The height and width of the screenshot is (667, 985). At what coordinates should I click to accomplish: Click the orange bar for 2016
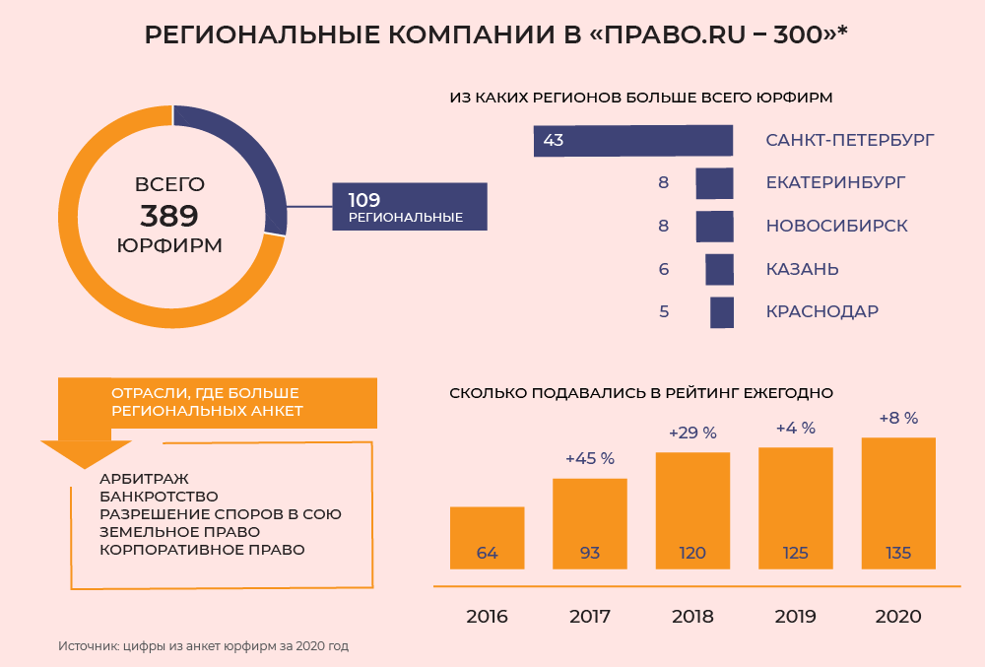pyautogui.click(x=487, y=537)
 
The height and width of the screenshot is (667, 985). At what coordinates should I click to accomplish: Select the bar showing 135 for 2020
pyautogui.click(x=897, y=502)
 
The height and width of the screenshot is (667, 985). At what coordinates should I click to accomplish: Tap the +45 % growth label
pyautogui.click(x=590, y=458)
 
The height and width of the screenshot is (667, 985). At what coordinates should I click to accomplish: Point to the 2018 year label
pyautogui.click(x=692, y=617)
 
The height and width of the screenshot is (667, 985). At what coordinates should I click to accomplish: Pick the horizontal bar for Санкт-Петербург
pyautogui.click(x=633, y=140)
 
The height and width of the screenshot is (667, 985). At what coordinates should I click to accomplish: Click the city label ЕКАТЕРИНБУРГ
pyautogui.click(x=835, y=182)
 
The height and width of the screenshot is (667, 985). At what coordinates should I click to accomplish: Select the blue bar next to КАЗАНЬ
pyautogui.click(x=720, y=269)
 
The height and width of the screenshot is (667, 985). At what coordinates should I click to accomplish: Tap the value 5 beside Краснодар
pyautogui.click(x=664, y=311)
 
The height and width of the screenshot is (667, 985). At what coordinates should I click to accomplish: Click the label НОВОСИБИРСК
pyautogui.click(x=836, y=226)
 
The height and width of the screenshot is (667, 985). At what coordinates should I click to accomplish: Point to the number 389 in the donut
pyautogui.click(x=169, y=216)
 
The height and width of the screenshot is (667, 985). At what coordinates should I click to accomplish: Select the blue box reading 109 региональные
pyautogui.click(x=410, y=207)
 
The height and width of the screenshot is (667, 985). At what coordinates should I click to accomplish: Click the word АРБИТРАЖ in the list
pyautogui.click(x=144, y=478)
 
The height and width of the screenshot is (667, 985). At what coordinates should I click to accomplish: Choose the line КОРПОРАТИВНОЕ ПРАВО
pyautogui.click(x=202, y=550)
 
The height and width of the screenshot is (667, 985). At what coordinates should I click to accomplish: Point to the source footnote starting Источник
pyautogui.click(x=203, y=646)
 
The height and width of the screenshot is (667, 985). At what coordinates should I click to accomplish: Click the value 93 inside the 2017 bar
pyautogui.click(x=590, y=553)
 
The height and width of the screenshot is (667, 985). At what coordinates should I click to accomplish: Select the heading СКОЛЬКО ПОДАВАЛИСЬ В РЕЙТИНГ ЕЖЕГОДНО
pyautogui.click(x=641, y=392)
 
